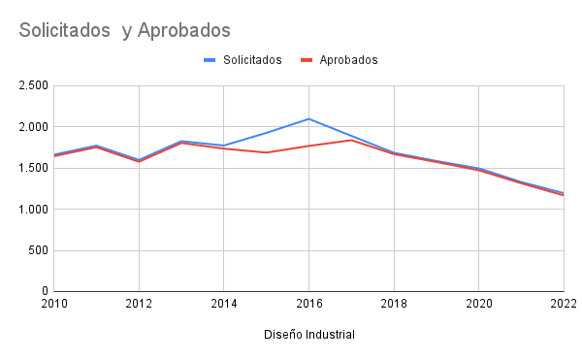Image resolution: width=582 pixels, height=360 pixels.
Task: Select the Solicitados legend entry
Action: pos(251,60)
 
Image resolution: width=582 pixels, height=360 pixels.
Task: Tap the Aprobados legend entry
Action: pos(348,60)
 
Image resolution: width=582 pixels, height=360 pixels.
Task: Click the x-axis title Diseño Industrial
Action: pos(308,335)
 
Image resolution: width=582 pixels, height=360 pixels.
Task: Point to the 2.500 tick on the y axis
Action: pos(33,85)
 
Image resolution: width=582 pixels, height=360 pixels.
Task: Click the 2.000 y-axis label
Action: pos(33,127)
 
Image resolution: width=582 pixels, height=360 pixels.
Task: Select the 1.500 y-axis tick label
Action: pos(33,168)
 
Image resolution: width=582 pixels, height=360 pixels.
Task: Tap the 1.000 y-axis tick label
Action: pos(33,210)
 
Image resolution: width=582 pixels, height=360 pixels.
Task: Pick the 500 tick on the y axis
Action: pos(38,250)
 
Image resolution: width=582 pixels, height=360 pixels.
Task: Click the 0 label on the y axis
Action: pos(45,291)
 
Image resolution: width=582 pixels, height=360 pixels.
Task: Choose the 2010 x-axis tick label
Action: pos(53,305)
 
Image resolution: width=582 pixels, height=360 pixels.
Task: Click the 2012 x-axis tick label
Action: pos(139,305)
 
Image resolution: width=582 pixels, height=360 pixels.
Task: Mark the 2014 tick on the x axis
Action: pos(223,305)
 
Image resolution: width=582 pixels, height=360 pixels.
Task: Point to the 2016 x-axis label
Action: pos(308,305)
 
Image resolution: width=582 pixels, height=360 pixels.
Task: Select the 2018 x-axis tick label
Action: pos(394,305)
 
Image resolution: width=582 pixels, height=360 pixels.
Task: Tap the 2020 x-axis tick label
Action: pos(478,305)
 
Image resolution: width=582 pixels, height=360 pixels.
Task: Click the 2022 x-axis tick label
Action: pos(564,305)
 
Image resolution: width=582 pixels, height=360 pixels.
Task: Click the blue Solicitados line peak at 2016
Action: pos(308,118)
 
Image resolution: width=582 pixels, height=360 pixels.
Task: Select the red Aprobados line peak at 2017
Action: pos(351,140)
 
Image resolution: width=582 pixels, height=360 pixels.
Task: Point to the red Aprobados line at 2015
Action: pos(266,152)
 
